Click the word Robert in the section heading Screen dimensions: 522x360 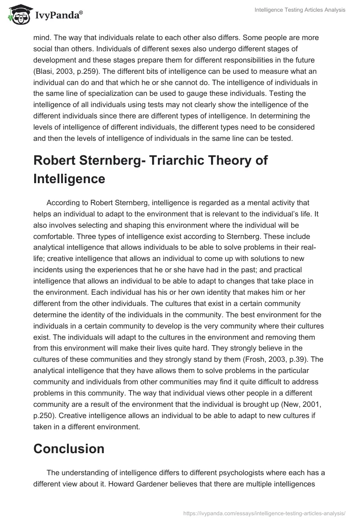(56, 161)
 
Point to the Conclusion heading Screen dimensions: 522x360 (69, 448)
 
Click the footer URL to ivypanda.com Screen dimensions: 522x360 (265, 513)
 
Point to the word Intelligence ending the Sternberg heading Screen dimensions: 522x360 (69, 179)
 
